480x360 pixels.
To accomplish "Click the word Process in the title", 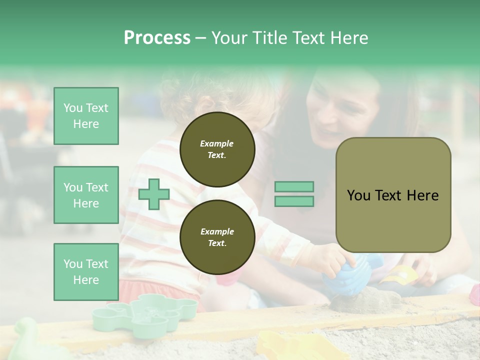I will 157,38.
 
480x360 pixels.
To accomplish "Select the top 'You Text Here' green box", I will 86,116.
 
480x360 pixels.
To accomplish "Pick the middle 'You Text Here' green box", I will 86,195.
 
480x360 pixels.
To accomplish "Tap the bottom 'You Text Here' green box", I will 86,271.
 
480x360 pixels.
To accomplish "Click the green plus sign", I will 154,194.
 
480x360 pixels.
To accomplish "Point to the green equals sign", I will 294,194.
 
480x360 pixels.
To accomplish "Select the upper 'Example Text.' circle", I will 217,149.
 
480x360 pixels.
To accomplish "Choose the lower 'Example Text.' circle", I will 217,237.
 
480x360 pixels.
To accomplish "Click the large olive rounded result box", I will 393,195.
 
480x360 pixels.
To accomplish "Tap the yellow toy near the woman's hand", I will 400,274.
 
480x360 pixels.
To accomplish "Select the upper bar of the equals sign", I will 294,186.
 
